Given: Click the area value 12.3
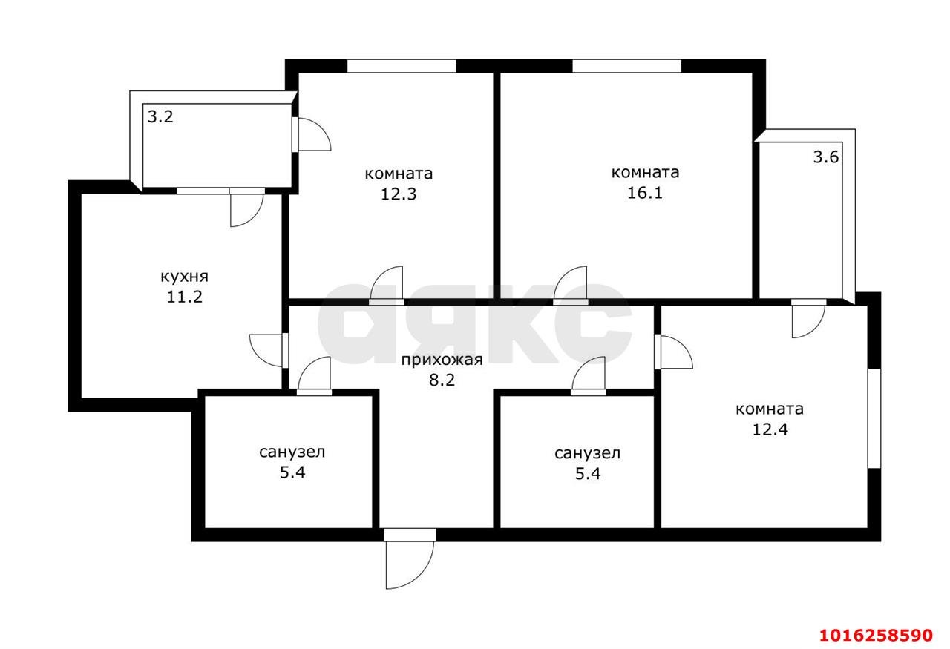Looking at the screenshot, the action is tap(399, 194).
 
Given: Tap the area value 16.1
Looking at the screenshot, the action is tap(645, 193).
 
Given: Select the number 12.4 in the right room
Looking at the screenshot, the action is tap(770, 429).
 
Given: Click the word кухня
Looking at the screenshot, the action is tap(185, 277).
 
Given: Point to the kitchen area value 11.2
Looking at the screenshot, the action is tap(184, 297).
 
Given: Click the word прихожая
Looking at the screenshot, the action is tap(442, 360).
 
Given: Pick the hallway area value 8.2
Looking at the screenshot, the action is tap(442, 380).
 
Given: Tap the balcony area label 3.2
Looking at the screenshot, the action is tap(160, 116).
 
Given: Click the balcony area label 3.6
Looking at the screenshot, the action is tap(826, 157).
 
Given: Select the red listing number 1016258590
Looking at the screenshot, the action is tap(876, 635).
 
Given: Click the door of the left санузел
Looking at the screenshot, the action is tap(314, 376).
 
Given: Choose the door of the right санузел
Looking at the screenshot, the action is tap(589, 376).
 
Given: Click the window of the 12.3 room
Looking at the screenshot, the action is tap(402, 66).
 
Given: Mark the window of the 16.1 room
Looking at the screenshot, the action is tap(627, 66).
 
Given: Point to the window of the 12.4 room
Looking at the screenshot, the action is tap(874, 418).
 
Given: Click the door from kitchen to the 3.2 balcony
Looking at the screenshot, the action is tap(247, 207).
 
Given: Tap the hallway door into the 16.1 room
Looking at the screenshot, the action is tap(571, 286).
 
